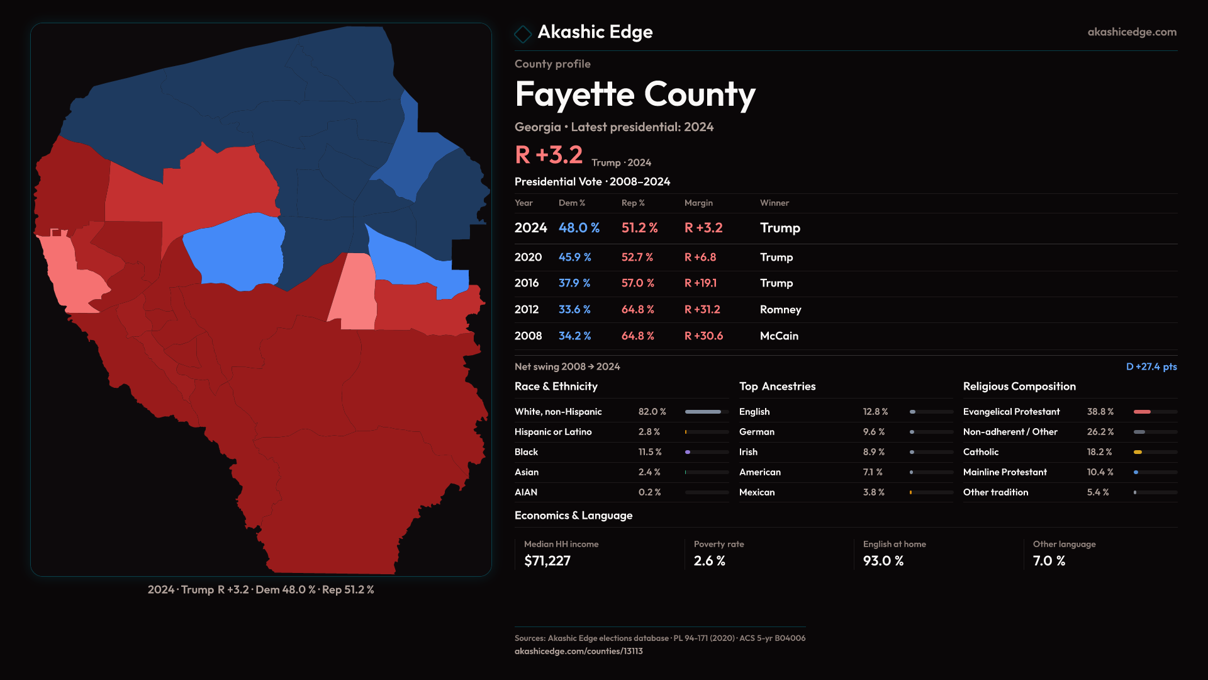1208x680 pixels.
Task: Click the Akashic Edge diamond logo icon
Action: click(x=523, y=33)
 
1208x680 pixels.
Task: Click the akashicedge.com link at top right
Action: click(x=1132, y=32)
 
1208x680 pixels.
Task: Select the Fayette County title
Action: click(x=635, y=94)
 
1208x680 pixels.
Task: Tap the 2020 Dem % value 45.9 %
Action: click(x=574, y=258)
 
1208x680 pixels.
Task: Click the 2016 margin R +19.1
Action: click(x=700, y=283)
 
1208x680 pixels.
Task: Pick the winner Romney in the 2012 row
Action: click(x=780, y=310)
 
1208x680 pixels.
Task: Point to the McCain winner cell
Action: click(x=779, y=336)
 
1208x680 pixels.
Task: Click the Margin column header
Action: click(x=698, y=203)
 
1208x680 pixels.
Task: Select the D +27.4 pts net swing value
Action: click(x=1151, y=366)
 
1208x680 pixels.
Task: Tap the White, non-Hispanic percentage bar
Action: click(x=703, y=412)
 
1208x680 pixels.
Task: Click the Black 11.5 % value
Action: click(x=649, y=452)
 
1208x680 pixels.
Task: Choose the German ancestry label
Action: click(x=756, y=432)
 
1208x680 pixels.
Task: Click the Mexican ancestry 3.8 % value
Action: click(x=873, y=492)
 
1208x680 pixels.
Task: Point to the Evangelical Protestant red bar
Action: click(x=1142, y=412)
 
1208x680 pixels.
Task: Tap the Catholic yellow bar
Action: click(x=1138, y=452)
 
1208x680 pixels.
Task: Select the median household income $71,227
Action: click(x=547, y=561)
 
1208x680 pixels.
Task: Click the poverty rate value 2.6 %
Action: click(x=709, y=561)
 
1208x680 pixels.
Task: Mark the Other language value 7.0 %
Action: click(x=1049, y=561)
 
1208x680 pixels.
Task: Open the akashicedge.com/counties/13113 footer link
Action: click(x=578, y=651)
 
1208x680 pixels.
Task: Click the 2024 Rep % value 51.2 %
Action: click(x=639, y=228)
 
